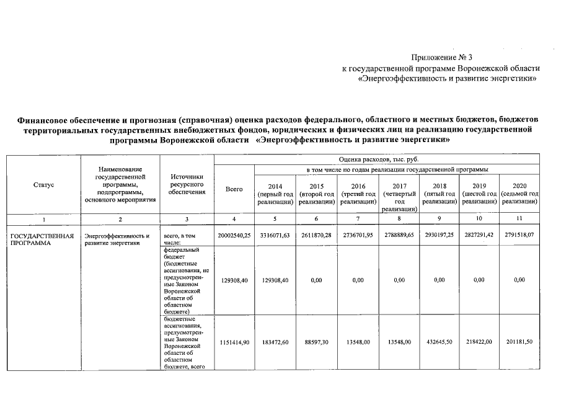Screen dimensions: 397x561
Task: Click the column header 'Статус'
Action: pyautogui.click(x=43, y=185)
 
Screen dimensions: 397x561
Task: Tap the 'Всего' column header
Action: pyautogui.click(x=234, y=189)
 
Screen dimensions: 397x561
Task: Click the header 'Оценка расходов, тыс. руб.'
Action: pyautogui.click(x=378, y=160)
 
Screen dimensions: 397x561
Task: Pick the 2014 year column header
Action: pyautogui.click(x=275, y=194)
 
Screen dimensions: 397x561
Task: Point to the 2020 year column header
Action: pyautogui.click(x=519, y=194)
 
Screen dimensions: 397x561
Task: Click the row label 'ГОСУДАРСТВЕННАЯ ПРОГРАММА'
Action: pyautogui.click(x=42, y=239)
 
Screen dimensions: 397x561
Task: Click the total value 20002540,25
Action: pyautogui.click(x=234, y=236)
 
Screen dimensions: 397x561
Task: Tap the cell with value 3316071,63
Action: pyautogui.click(x=275, y=236)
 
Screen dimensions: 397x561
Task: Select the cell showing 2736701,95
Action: pyautogui.click(x=358, y=236)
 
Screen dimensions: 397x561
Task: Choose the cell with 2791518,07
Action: pyautogui.click(x=519, y=236)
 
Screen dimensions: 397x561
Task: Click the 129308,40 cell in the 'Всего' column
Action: pyautogui.click(x=234, y=280)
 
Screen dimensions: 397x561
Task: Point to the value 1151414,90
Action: pyautogui.click(x=234, y=342)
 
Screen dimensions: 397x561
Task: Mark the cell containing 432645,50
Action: pyautogui.click(x=439, y=342)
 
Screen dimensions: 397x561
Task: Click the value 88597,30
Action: pyautogui.click(x=316, y=342)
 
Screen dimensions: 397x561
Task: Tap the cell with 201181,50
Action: pyautogui.click(x=519, y=342)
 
